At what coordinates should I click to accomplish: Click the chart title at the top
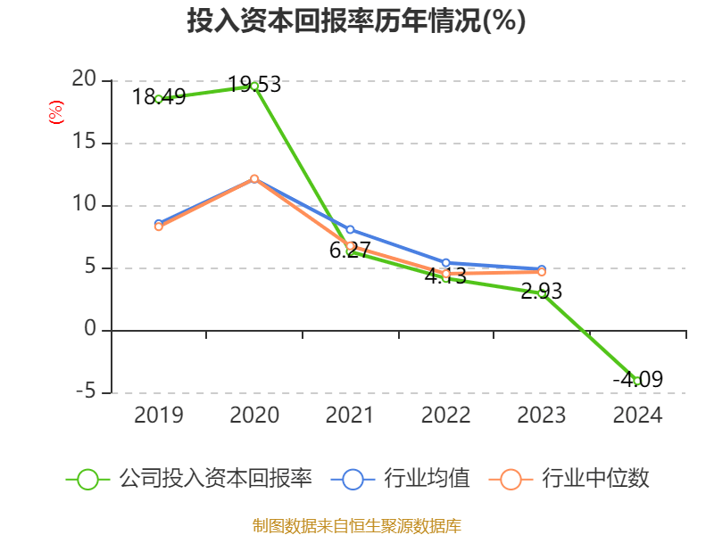pyautogui.click(x=356, y=21)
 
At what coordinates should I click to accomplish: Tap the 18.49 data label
pyautogui.click(x=159, y=96)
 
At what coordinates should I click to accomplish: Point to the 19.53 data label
pyautogui.click(x=254, y=85)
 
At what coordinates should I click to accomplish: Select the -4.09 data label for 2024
pyautogui.click(x=637, y=379)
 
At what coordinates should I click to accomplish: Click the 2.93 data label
pyautogui.click(x=542, y=291)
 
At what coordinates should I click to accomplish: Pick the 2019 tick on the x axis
pyautogui.click(x=158, y=415)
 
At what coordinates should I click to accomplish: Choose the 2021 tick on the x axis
pyautogui.click(x=350, y=415)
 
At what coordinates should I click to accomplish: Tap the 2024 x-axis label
pyautogui.click(x=637, y=415)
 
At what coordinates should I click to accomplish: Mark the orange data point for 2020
pyautogui.click(x=254, y=179)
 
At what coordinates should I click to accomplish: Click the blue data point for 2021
pyautogui.click(x=350, y=230)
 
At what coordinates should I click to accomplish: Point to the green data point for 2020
pyautogui.click(x=254, y=86)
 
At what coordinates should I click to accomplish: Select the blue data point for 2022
pyautogui.click(x=446, y=263)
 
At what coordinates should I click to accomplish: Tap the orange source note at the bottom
pyautogui.click(x=356, y=525)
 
